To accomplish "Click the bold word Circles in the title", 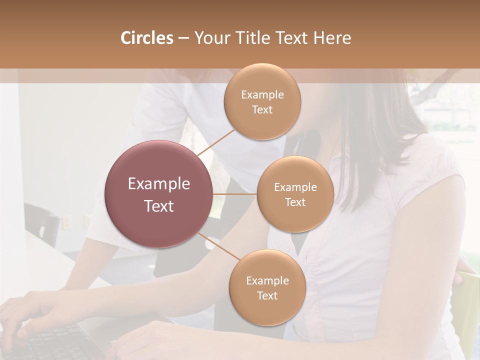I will [146, 38].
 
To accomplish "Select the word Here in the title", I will [332, 38].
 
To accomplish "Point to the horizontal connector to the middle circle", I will [234, 194].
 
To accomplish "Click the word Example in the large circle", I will [158, 184].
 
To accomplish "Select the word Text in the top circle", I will [262, 109].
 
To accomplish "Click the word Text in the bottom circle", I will [267, 295].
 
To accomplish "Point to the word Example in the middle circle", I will [295, 187].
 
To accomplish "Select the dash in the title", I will [183, 38].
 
